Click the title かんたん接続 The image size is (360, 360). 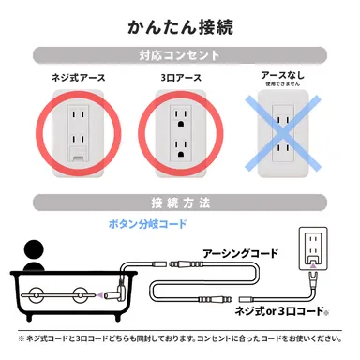pyautogui.click(x=179, y=22)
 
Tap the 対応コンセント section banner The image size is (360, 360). pyautogui.click(x=179, y=54)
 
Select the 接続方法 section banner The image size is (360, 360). pyautogui.click(x=179, y=202)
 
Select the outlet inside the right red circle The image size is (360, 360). pyautogui.click(x=179, y=134)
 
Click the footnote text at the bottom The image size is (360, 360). pyautogui.click(x=179, y=338)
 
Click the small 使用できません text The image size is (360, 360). pyautogui.click(x=282, y=85)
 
